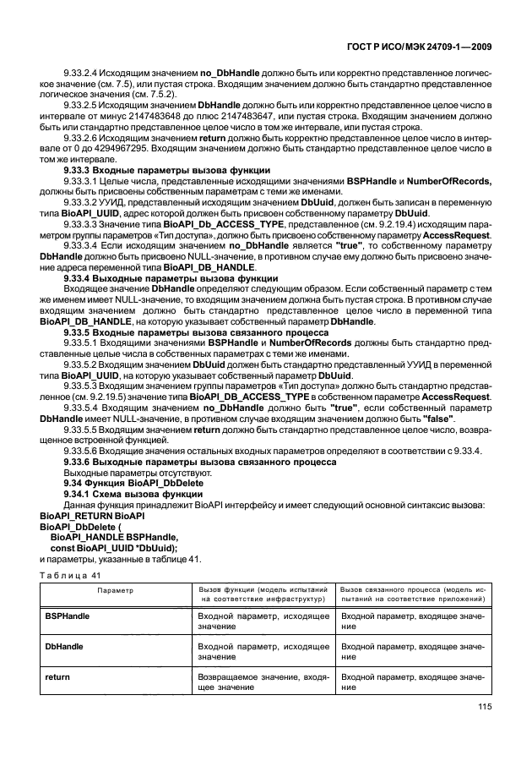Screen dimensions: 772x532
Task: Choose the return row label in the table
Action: tap(57, 678)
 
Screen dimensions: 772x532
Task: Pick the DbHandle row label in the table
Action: tap(64, 645)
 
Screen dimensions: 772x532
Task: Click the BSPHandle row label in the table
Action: tap(67, 617)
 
